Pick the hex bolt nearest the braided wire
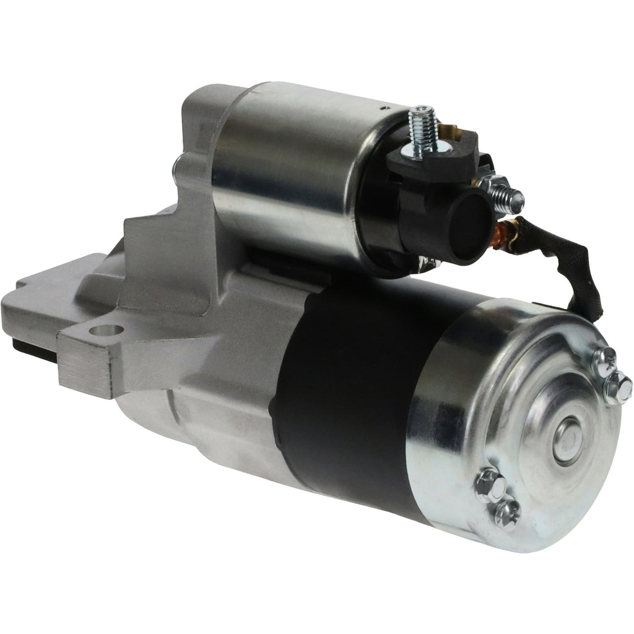point(603,360)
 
